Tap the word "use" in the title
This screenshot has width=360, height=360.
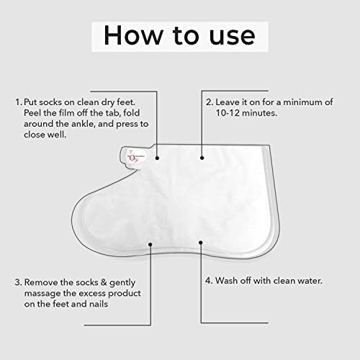pyautogui.click(x=232, y=37)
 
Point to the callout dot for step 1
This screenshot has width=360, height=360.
pyautogui.click(x=157, y=158)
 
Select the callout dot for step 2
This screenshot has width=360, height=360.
pyautogui.click(x=202, y=158)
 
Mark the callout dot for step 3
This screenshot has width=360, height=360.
pyautogui.click(x=150, y=244)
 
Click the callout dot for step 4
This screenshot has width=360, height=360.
pyautogui.click(x=201, y=243)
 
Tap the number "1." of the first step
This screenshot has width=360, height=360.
pyautogui.click(x=19, y=102)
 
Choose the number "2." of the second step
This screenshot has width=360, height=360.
pyautogui.click(x=210, y=102)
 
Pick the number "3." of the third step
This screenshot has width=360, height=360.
pyautogui.click(x=18, y=282)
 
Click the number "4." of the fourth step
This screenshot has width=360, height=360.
pyautogui.click(x=209, y=281)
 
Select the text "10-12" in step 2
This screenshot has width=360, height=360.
pyautogui.click(x=228, y=113)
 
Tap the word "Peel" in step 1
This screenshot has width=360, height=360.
pyautogui.click(x=32, y=113)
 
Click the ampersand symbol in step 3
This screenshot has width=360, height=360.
pyautogui.click(x=104, y=282)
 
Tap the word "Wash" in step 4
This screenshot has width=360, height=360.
pyautogui.click(x=226, y=281)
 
